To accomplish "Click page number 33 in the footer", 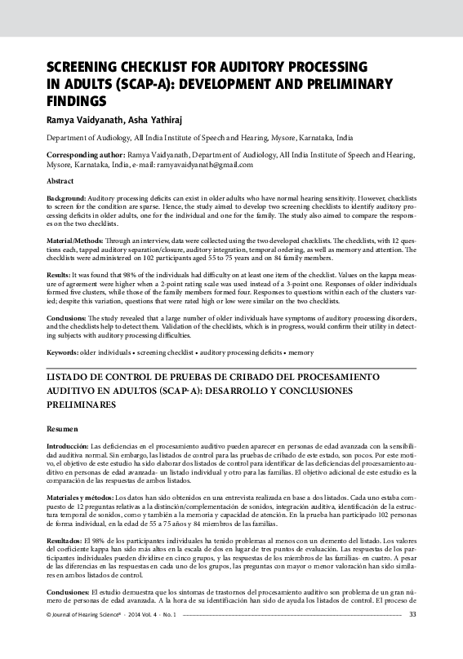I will [412, 637].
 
